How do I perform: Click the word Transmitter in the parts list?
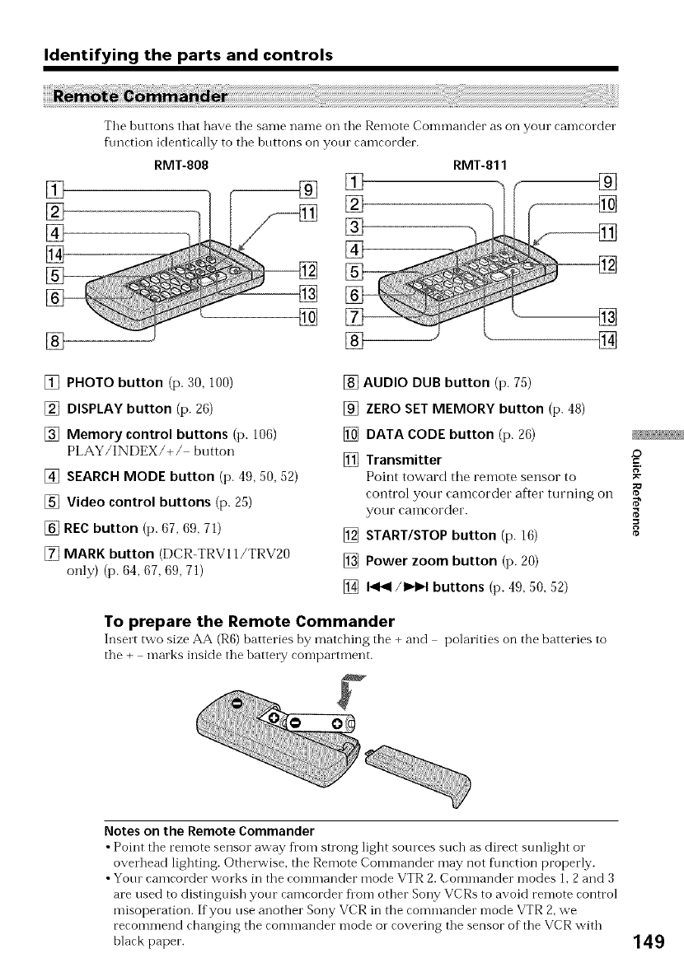point(403,459)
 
